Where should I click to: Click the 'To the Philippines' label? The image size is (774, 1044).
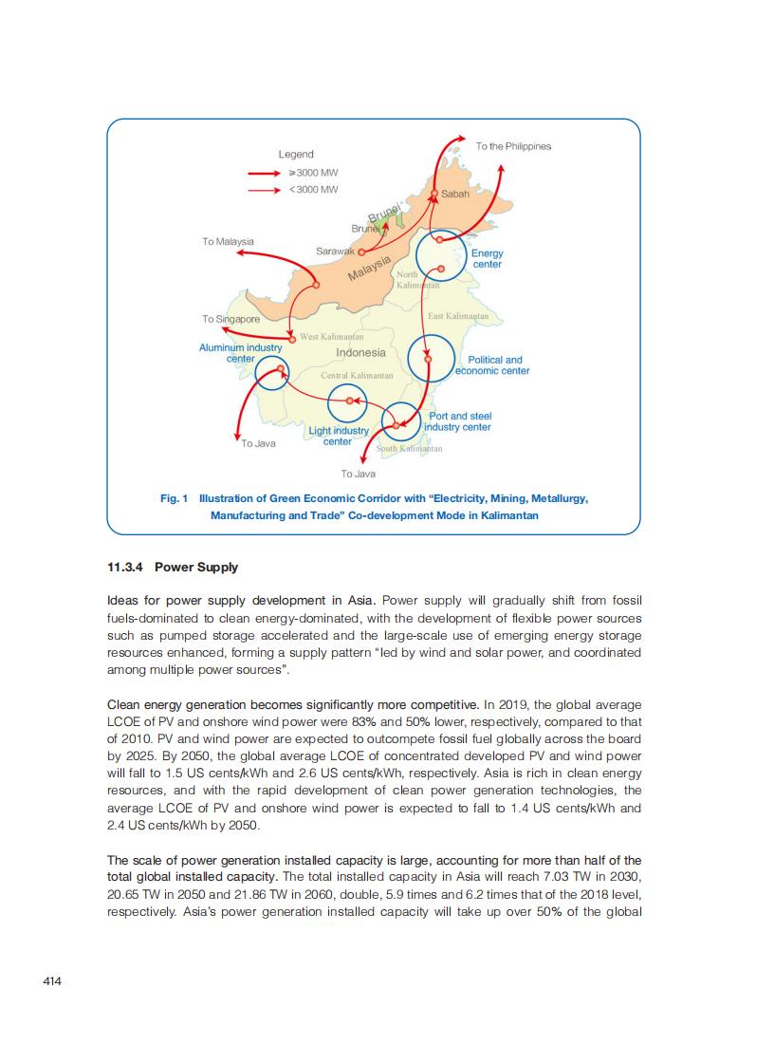pyautogui.click(x=513, y=146)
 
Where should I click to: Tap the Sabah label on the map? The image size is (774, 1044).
pyautogui.click(x=455, y=194)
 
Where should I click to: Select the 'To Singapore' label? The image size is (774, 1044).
pyautogui.click(x=230, y=320)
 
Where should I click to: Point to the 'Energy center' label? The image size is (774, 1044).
pyautogui.click(x=488, y=258)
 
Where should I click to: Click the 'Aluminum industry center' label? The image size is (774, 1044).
pyautogui.click(x=241, y=353)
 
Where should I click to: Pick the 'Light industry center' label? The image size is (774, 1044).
pyautogui.click(x=339, y=437)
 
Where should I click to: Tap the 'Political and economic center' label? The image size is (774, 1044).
pyautogui.click(x=493, y=365)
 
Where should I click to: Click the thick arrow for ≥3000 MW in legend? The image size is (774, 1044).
pyautogui.click(x=267, y=174)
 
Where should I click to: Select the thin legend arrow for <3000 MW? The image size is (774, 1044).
pyautogui.click(x=267, y=190)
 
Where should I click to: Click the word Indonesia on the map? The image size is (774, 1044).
pyautogui.click(x=360, y=352)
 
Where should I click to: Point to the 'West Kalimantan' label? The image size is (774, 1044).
pyautogui.click(x=332, y=338)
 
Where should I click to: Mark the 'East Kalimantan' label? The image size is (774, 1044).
pyautogui.click(x=458, y=316)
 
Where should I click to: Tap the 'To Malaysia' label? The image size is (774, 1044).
pyautogui.click(x=228, y=242)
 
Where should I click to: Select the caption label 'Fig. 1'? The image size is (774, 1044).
pyautogui.click(x=175, y=498)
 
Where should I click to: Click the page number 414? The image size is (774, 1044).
pyautogui.click(x=52, y=981)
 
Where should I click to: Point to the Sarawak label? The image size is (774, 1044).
pyautogui.click(x=335, y=251)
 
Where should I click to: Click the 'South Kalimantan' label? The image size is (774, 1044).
pyautogui.click(x=410, y=448)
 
